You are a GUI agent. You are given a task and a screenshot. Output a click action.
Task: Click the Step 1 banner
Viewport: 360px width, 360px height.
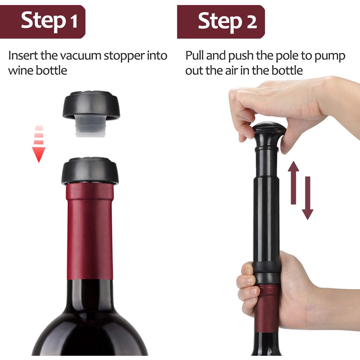(x=43, y=22)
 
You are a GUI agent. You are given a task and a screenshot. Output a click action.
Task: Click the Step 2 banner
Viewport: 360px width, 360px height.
(x=221, y=22)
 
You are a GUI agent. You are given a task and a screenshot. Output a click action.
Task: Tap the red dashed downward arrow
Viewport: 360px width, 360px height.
(x=39, y=144)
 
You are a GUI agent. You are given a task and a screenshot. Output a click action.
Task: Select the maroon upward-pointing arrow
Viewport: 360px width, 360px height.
(x=294, y=183)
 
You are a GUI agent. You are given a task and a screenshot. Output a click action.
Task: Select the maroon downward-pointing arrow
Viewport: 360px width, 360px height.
(x=308, y=198)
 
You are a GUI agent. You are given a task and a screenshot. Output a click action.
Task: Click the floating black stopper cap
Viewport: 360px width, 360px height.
(x=91, y=105)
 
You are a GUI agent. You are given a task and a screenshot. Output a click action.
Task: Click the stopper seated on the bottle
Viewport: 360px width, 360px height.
(x=90, y=171)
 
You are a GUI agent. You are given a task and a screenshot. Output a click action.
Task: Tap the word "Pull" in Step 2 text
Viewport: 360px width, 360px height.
(x=195, y=55)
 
